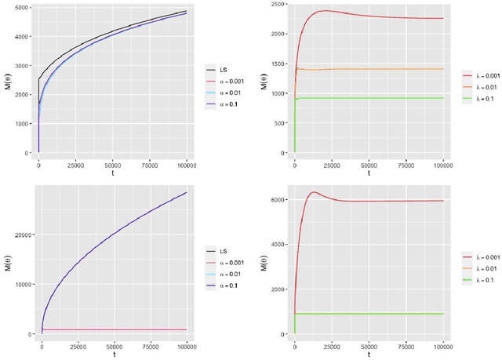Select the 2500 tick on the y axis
pos(276,5)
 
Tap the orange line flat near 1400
pos(369,69)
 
